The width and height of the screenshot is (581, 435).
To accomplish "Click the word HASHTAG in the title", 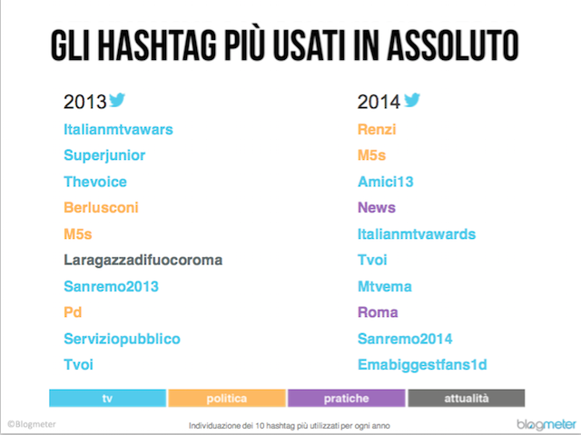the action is pyautogui.click(x=157, y=45).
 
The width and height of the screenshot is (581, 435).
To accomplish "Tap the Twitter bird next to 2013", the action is pyautogui.click(x=117, y=100).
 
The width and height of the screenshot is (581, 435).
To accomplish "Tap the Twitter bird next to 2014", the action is pyautogui.click(x=411, y=100).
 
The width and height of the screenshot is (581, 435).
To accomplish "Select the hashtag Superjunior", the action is pyautogui.click(x=104, y=155).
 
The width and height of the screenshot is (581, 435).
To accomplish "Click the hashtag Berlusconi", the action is pyautogui.click(x=101, y=207).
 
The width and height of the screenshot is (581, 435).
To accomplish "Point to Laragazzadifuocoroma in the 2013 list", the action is pyautogui.click(x=143, y=261).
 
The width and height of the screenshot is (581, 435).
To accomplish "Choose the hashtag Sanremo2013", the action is pyautogui.click(x=111, y=286).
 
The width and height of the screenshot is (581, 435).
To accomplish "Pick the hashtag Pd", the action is pyautogui.click(x=73, y=312).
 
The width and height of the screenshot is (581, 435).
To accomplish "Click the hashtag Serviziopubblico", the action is pyautogui.click(x=122, y=339).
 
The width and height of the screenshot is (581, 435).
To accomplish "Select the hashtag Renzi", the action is pyautogui.click(x=377, y=129).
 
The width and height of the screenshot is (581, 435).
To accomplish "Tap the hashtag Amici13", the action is pyautogui.click(x=385, y=182).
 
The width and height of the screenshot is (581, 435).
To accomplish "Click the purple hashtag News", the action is pyautogui.click(x=377, y=207).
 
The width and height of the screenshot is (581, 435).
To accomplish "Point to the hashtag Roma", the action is pyautogui.click(x=378, y=312).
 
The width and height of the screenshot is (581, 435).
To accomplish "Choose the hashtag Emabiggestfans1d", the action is pyautogui.click(x=422, y=365).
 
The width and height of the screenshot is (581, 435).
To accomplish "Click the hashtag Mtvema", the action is pyautogui.click(x=385, y=286).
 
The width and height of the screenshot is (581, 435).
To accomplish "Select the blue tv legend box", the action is pyautogui.click(x=107, y=398).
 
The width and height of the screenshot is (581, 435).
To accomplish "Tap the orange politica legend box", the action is pyautogui.click(x=227, y=398).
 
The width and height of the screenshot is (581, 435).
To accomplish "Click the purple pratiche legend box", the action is pyautogui.click(x=347, y=398).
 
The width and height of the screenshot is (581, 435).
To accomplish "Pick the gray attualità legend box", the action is pyautogui.click(x=467, y=398).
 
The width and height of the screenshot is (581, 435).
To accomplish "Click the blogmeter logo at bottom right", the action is pyautogui.click(x=547, y=424).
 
